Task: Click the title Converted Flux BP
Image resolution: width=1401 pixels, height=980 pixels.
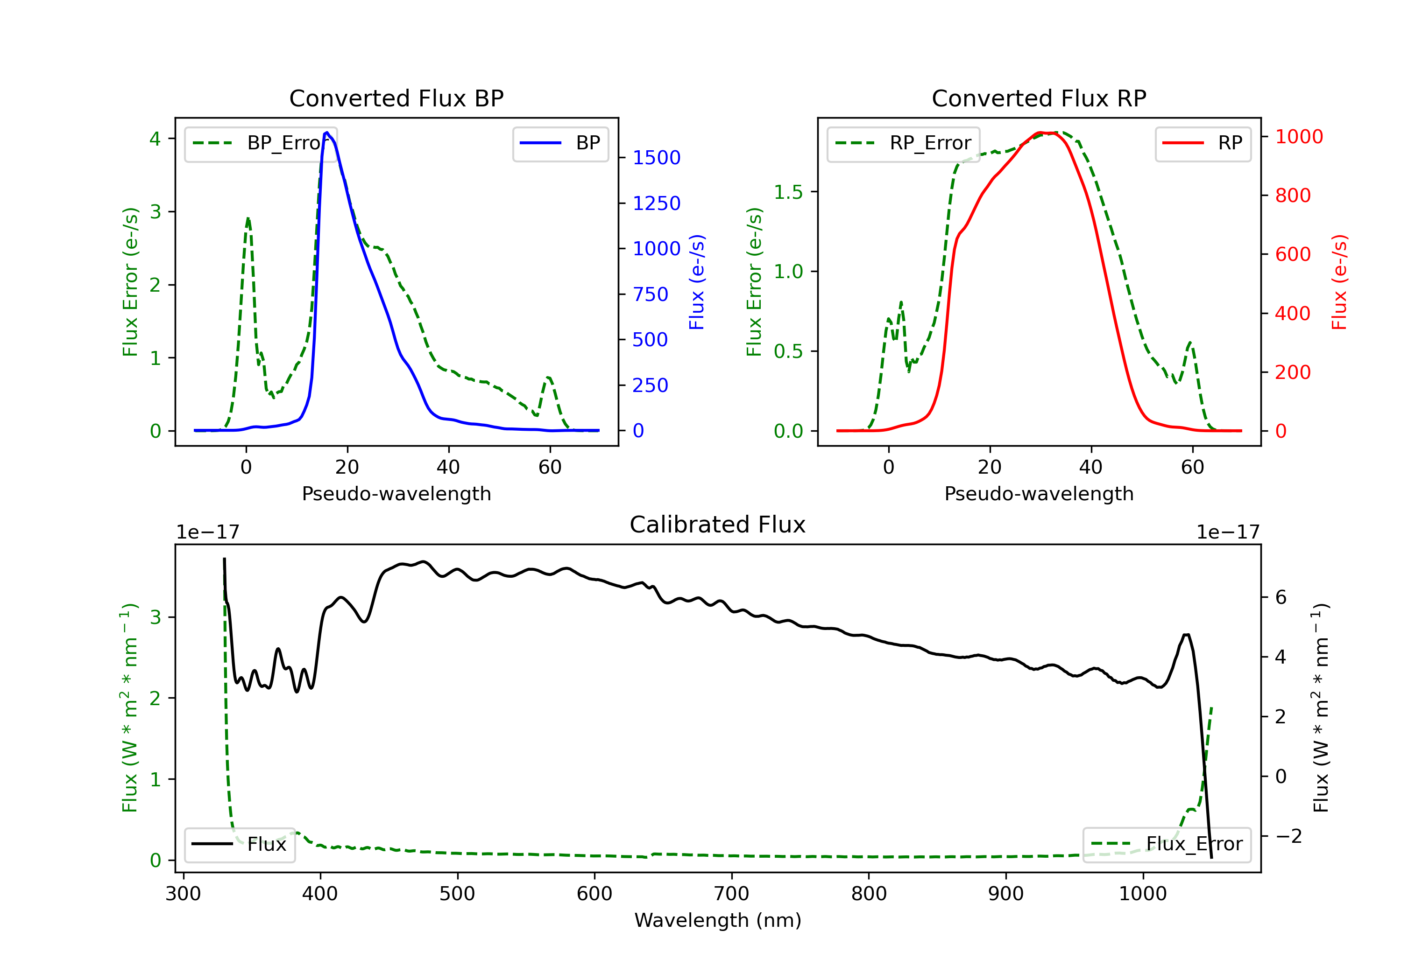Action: (396, 98)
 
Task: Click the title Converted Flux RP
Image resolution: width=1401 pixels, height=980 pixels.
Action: (1039, 98)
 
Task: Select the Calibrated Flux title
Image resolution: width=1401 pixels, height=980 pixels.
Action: (718, 525)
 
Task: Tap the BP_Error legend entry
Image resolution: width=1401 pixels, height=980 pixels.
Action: (261, 143)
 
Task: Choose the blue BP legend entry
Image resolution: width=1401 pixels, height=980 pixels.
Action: (560, 143)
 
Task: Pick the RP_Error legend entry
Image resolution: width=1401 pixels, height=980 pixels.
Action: (903, 143)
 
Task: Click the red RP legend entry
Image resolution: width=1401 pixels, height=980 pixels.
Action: (1203, 143)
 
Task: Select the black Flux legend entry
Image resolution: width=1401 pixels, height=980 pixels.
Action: (239, 844)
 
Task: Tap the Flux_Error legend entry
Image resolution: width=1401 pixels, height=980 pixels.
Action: (1167, 844)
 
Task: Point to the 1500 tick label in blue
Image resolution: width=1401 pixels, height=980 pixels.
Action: (657, 158)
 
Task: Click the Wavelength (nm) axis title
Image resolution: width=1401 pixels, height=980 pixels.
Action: (718, 920)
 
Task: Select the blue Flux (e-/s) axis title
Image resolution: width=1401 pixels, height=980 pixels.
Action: (697, 282)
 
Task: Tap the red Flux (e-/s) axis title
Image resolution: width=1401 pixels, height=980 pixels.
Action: (1339, 282)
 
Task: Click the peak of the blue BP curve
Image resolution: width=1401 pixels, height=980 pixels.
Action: (327, 133)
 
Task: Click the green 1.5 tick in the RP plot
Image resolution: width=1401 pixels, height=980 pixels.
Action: (788, 192)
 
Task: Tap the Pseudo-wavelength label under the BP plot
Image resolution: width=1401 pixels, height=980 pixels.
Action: (396, 493)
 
